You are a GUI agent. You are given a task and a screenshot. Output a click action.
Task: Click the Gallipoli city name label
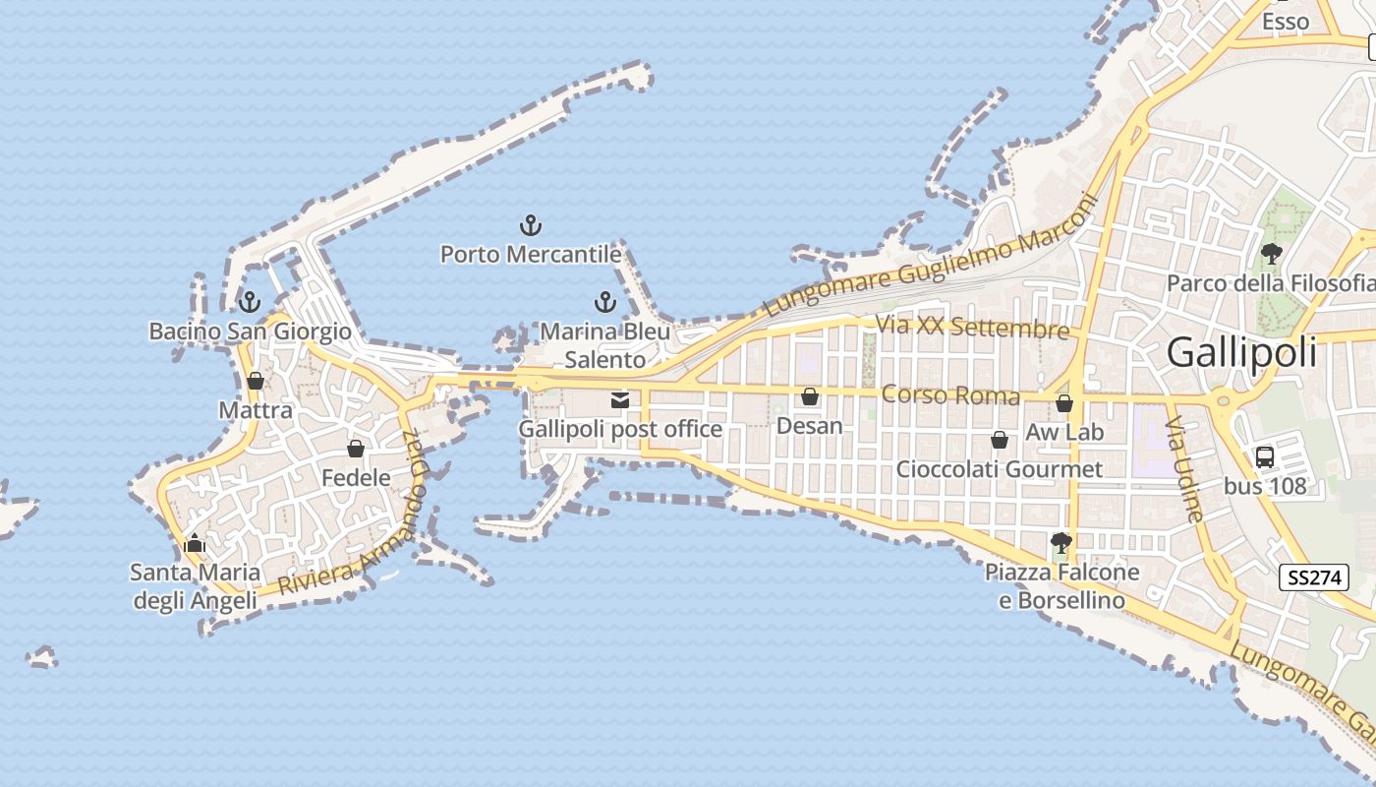(x=1242, y=352)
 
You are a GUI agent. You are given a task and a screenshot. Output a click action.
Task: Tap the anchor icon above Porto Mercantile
(x=531, y=225)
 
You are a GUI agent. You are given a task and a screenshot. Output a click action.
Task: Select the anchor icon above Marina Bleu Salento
(x=605, y=302)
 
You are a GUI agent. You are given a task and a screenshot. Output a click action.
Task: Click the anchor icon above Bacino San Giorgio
(x=250, y=301)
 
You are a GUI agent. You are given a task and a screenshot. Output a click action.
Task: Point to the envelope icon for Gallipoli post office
(x=620, y=399)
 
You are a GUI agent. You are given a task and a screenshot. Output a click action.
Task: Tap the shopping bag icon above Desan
(x=810, y=396)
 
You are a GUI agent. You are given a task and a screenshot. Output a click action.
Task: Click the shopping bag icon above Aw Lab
(x=1064, y=403)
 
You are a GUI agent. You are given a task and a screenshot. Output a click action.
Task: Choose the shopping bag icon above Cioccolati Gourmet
(x=1000, y=440)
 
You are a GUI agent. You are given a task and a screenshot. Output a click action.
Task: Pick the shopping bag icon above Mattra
(x=256, y=381)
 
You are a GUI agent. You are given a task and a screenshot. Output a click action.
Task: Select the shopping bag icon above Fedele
(x=356, y=449)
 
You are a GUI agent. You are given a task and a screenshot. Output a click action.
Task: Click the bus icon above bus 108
(x=1265, y=456)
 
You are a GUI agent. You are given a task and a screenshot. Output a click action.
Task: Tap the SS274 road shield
(x=1314, y=577)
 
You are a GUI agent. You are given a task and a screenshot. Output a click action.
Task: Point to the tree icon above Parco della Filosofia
(x=1271, y=254)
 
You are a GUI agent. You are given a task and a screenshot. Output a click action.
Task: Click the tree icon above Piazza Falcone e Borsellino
(x=1061, y=542)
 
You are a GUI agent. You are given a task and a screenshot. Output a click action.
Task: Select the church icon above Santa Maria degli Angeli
(x=195, y=543)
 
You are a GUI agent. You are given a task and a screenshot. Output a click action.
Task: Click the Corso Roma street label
(x=950, y=395)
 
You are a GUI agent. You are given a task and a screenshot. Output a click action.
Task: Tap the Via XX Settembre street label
(x=971, y=326)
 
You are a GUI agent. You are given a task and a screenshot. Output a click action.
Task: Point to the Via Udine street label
(x=1183, y=468)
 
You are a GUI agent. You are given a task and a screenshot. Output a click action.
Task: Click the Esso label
(x=1286, y=22)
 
